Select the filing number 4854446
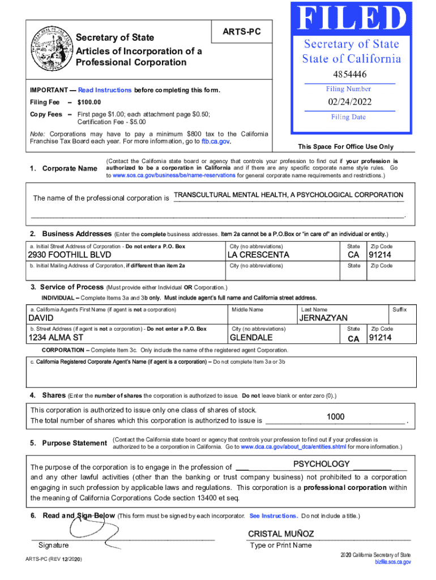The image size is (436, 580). click(350, 74)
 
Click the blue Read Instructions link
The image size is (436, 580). click(105, 91)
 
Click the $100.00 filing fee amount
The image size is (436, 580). click(89, 103)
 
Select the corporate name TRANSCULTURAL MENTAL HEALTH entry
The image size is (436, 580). click(288, 195)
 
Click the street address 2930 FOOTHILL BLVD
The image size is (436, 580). click(70, 255)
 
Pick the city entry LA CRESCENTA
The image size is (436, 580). click(258, 255)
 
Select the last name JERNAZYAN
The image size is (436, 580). click(323, 318)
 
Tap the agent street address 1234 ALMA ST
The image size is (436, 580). click(56, 338)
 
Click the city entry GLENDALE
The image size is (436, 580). click(251, 338)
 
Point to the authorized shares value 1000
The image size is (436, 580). click(335, 417)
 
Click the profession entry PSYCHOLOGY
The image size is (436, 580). click(321, 464)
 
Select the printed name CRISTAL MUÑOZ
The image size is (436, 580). click(281, 534)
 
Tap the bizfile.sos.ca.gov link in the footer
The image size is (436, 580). click(392, 562)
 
